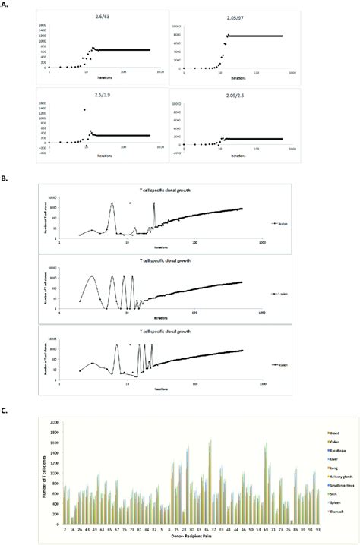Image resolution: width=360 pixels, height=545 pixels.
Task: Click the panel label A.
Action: (x=5, y=7)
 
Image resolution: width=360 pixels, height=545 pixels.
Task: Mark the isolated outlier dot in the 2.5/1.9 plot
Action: (x=84, y=110)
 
